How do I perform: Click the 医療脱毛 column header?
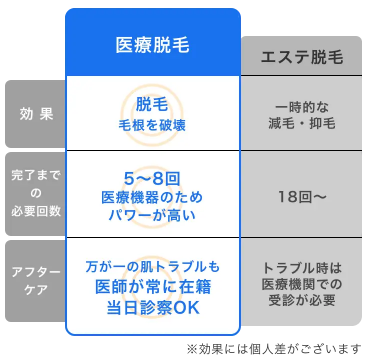click(x=152, y=44)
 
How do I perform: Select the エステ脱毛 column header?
click(x=301, y=56)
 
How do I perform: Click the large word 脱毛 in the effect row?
click(x=152, y=105)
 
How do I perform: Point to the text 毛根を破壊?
click(x=152, y=125)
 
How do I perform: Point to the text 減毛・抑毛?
click(x=301, y=123)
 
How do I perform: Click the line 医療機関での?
click(x=301, y=284)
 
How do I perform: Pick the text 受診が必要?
click(x=301, y=300)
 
